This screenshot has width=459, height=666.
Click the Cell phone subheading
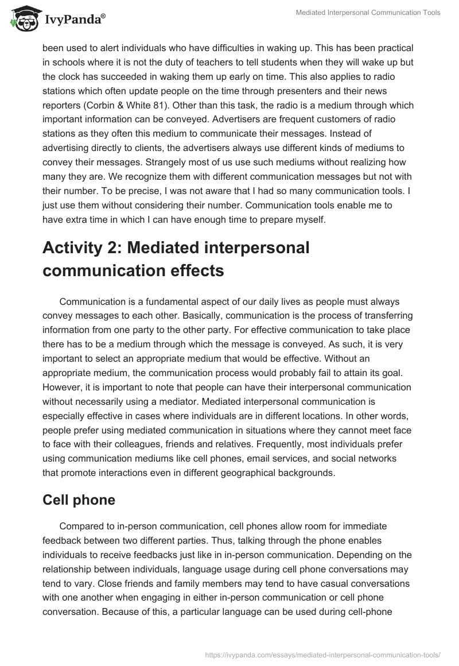pos(79,500)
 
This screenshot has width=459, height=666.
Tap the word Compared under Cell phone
pos(81,526)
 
